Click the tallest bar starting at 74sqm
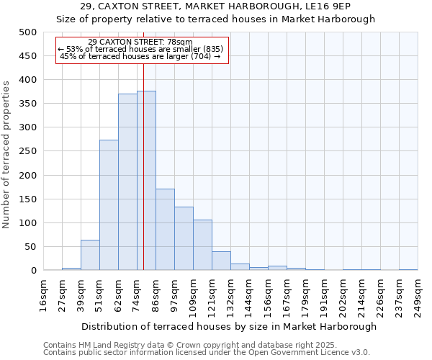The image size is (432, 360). point(146,181)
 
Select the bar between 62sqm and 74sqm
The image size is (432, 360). point(127,182)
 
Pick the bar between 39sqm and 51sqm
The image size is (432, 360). point(90,255)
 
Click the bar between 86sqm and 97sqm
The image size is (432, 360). point(165,230)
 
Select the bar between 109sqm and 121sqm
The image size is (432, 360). point(202,245)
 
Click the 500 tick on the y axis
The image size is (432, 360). point(28,32)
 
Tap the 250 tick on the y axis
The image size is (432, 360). point(28,151)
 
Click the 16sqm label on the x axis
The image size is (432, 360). point(43,295)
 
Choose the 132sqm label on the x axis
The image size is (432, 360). point(230,295)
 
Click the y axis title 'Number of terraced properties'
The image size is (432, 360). point(7,155)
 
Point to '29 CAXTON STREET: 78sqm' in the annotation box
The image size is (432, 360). point(140,42)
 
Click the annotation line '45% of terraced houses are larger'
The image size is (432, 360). point(140,56)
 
